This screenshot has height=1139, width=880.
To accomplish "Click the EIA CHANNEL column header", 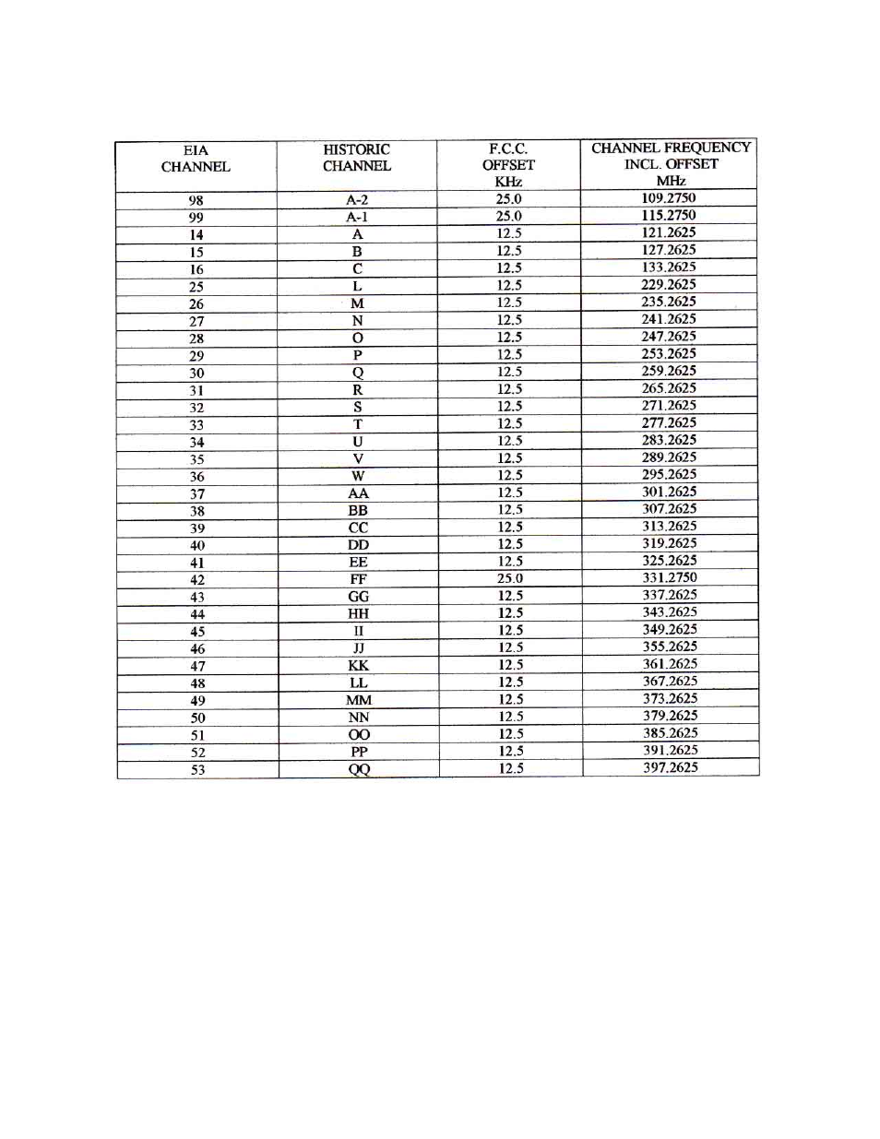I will coord(196,159).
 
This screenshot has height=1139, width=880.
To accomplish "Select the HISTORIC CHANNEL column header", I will coord(357,158).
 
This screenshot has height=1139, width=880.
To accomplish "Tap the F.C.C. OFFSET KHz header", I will coord(508,165).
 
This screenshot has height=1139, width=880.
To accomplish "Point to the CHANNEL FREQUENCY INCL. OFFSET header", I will coord(671,163).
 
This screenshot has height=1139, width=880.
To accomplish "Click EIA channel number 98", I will coord(196,201).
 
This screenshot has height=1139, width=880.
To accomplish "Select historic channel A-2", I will coord(357,200).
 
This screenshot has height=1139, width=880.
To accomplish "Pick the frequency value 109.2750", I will coord(669,198).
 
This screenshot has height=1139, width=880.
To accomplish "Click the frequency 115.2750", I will coord(669,216).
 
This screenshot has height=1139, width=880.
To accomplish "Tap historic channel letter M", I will coord(357,303).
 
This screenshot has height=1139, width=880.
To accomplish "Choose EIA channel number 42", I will coord(197,580).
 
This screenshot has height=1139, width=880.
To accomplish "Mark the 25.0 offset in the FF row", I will coord(510,579).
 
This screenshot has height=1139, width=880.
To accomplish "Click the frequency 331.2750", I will coord(670,578).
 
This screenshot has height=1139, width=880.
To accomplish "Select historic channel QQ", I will coord(359,769).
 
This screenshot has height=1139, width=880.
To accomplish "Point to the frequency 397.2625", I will coord(671,767).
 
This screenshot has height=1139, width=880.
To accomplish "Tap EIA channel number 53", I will coord(197,770).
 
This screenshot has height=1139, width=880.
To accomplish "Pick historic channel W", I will coord(358,476).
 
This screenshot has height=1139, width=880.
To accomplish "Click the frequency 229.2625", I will coord(669,285).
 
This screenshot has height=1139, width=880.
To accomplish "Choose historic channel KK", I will coord(359,666).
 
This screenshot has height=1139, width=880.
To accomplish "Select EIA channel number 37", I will coord(197,494).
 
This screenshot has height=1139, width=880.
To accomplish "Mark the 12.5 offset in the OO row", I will coord(511,734).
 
